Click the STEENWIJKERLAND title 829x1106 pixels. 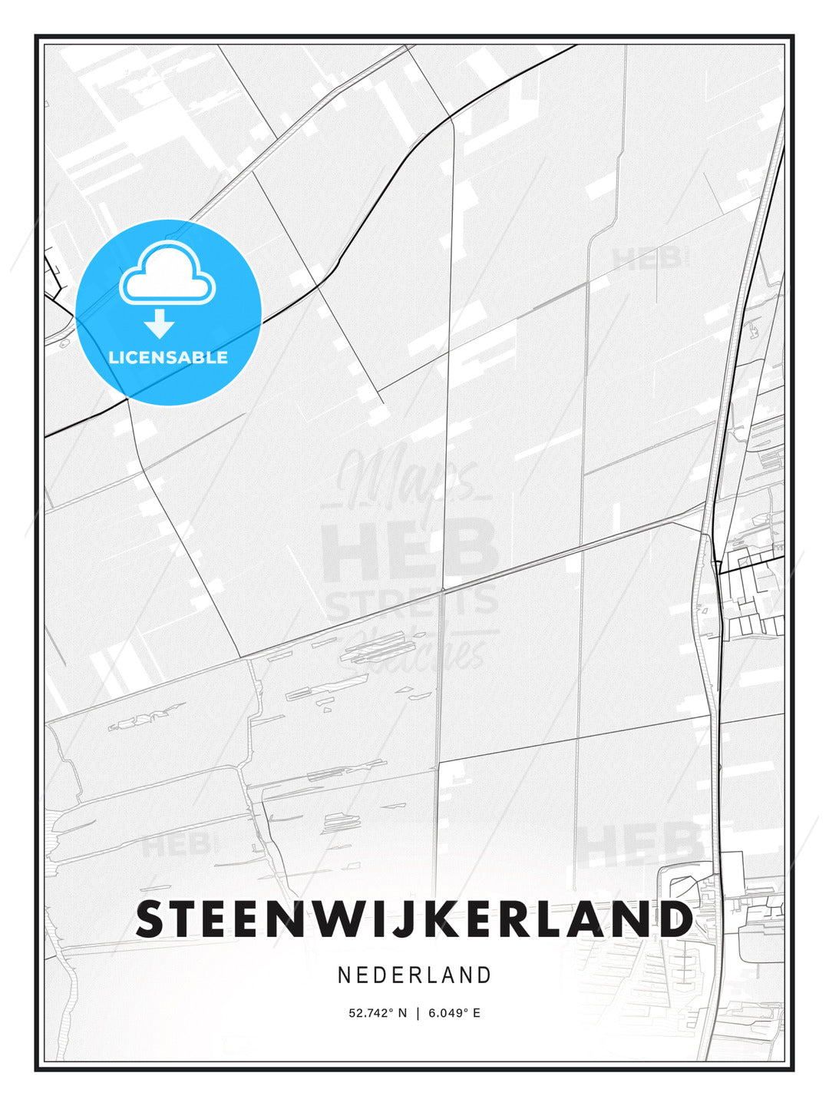[414, 919]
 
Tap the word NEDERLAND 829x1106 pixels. [414, 975]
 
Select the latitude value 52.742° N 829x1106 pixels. [378, 1013]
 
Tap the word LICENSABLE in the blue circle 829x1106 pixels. [168, 357]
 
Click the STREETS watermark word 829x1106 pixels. [412, 602]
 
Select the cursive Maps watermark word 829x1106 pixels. [407, 480]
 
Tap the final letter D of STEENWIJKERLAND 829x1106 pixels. [674, 919]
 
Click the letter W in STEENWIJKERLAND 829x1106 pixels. [372, 919]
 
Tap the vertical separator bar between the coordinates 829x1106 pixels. [417, 1013]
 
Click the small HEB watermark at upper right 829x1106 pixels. [646, 259]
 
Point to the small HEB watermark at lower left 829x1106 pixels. [175, 845]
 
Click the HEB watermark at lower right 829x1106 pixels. [639, 843]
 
